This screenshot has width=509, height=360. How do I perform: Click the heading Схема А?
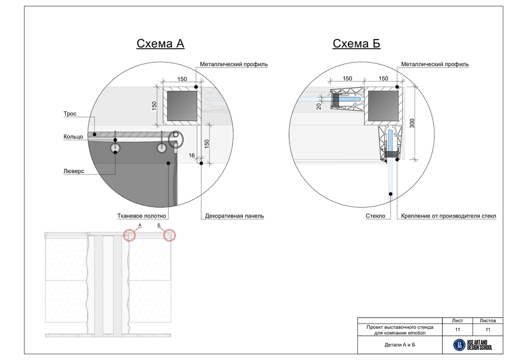(161, 44)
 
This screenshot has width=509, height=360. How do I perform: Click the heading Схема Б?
(356, 44)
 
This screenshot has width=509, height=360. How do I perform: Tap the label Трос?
(70, 114)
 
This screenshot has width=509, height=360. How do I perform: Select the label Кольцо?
(73, 137)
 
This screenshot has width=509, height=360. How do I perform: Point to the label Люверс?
(74, 172)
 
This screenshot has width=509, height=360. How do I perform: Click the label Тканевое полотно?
(141, 216)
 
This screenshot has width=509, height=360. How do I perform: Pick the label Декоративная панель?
(234, 216)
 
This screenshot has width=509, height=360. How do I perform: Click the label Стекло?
(376, 216)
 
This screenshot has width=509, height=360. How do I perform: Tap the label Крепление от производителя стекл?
(448, 216)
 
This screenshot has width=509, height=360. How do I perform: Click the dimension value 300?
(412, 123)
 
